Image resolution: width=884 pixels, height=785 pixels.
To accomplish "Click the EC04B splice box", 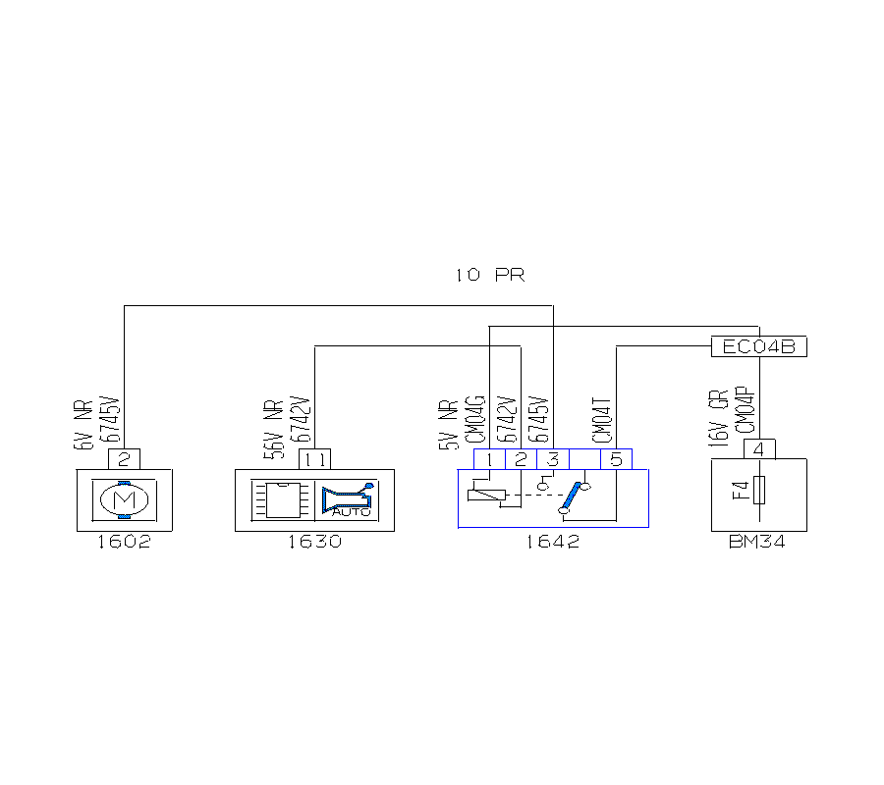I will [758, 347].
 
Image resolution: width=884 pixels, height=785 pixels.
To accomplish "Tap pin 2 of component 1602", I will [125, 458].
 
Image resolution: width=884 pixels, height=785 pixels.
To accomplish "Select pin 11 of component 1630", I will [314, 458].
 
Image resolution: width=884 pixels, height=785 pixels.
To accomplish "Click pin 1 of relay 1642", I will [489, 458].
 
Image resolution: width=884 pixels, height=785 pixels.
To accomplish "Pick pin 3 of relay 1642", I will [553, 458].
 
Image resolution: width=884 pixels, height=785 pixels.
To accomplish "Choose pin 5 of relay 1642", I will [617, 458].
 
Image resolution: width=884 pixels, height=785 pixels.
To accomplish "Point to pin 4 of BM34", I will [759, 448].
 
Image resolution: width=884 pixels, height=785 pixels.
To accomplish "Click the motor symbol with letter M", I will [125, 500].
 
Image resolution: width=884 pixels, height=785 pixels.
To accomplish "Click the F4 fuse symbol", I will [758, 489].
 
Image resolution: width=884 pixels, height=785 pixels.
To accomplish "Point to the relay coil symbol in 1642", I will [488, 494].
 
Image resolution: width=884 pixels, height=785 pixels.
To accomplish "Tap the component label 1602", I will [124, 542].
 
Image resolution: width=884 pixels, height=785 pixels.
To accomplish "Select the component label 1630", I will [314, 542].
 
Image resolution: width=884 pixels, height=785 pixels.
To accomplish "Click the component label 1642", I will [552, 542].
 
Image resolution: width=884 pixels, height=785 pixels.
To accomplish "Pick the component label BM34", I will [758, 542].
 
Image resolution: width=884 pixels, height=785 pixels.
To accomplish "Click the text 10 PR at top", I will [489, 276].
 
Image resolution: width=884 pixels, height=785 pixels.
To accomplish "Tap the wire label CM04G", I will [474, 420].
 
